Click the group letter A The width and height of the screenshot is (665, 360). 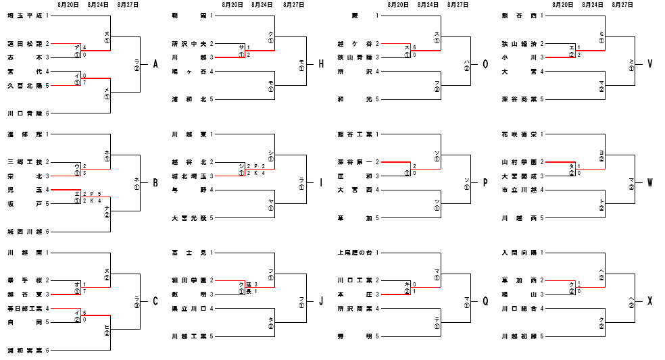[155, 64]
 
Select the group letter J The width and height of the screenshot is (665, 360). [320, 301]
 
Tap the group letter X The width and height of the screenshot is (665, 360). [649, 301]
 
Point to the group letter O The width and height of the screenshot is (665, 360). [485, 64]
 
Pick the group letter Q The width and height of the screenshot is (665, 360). [485, 301]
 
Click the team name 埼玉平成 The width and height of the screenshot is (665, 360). [24, 15]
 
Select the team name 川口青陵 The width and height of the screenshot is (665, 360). [24, 113]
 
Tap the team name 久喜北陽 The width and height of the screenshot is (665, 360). [24, 85]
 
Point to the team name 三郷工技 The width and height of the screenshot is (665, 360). [24, 162]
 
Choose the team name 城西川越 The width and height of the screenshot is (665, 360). [24, 232]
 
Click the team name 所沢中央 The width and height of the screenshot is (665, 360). [189, 43]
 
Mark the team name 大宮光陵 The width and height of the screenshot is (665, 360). [189, 217]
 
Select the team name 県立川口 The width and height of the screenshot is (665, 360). [189, 308]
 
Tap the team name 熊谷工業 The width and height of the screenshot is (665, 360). [354, 134]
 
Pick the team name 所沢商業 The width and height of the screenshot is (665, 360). [354, 308]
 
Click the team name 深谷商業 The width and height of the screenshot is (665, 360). [519, 99]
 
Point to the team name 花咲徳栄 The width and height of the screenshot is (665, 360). [519, 134]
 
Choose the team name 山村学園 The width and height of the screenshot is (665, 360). [519, 162]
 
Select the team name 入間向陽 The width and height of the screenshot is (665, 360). [519, 252]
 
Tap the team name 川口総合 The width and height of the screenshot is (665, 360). [519, 308]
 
